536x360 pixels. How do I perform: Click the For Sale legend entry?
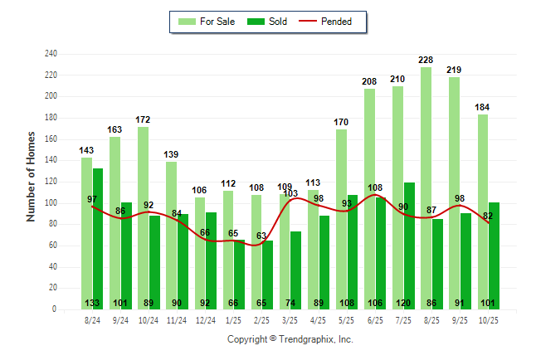tap(206, 22)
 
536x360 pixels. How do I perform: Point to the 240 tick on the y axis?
tap(51, 54)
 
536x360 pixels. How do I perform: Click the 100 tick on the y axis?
tap(51, 203)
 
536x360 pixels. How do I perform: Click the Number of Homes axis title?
tap(32, 176)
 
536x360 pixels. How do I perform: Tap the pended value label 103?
tap(290, 193)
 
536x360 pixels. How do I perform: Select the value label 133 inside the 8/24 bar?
tap(92, 303)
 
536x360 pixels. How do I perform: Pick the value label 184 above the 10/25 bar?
tap(482, 107)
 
